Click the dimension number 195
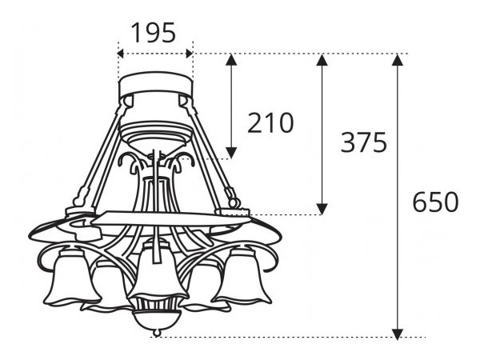click(x=155, y=33)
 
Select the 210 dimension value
click(x=270, y=123)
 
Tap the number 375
click(x=364, y=142)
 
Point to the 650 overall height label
click(x=435, y=202)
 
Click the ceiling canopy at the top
click(x=156, y=86)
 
